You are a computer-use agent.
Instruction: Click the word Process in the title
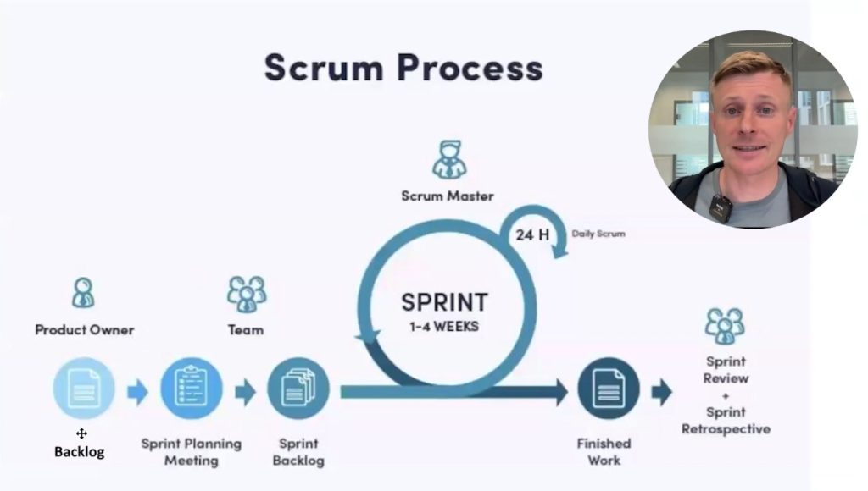click(x=472, y=68)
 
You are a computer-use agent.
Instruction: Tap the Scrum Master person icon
click(x=448, y=159)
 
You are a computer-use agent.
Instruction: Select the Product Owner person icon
click(x=83, y=293)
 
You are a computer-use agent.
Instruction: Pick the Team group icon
click(x=246, y=294)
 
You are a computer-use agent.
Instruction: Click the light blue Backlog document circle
click(x=84, y=389)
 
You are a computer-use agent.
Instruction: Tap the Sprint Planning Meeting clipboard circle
click(x=191, y=389)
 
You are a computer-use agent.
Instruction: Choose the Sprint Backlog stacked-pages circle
click(x=298, y=389)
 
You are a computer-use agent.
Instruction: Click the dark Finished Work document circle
click(x=608, y=389)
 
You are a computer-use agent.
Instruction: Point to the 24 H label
click(x=531, y=234)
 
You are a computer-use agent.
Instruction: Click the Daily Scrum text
click(x=598, y=233)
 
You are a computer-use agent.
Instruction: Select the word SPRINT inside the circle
click(x=444, y=302)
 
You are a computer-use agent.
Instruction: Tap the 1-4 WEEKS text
click(x=444, y=326)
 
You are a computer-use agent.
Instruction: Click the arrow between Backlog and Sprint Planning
click(x=137, y=392)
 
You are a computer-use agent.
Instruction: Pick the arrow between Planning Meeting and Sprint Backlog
click(x=245, y=392)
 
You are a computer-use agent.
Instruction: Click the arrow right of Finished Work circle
click(x=661, y=392)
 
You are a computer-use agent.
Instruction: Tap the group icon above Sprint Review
click(x=724, y=325)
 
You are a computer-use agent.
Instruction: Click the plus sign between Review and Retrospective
click(x=726, y=395)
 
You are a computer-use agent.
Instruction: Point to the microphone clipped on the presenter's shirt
click(x=721, y=207)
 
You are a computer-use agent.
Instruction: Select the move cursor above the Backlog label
click(x=81, y=433)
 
